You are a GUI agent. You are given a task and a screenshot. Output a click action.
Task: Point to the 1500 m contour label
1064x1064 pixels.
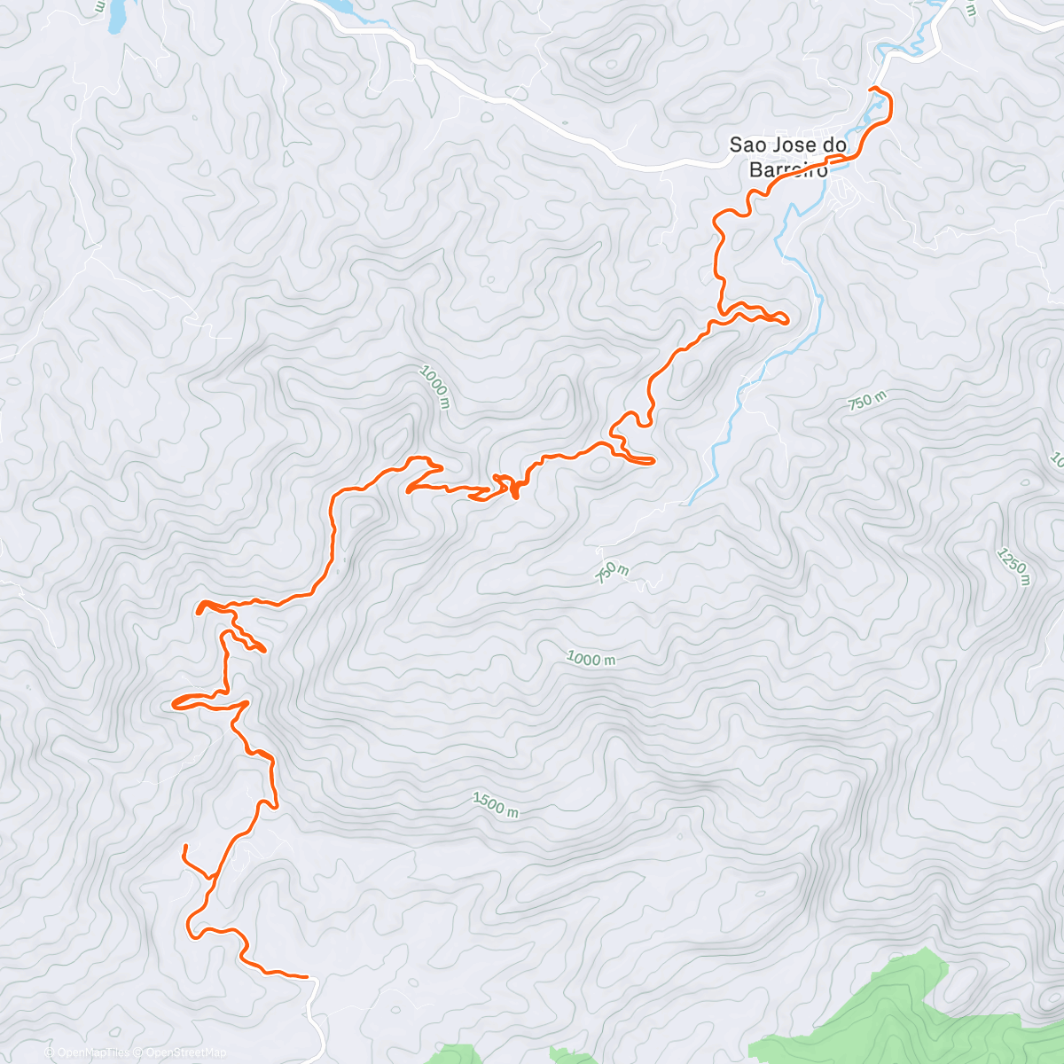(x=496, y=804)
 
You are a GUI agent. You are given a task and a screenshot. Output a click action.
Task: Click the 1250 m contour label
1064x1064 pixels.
(x=1013, y=567)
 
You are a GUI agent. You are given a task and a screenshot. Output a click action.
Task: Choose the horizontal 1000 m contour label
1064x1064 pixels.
(x=591, y=659)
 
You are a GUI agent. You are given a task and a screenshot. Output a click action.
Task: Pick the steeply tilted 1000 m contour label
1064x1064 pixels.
(x=436, y=389)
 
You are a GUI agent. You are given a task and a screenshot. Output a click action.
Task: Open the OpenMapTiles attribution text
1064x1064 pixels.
(x=88, y=1052)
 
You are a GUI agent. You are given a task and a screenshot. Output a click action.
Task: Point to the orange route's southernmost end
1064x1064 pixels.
(x=307, y=976)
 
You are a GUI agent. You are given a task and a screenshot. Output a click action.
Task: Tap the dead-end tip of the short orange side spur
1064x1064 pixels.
(x=184, y=848)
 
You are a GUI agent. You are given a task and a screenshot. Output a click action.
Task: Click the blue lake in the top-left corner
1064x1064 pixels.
(x=115, y=18)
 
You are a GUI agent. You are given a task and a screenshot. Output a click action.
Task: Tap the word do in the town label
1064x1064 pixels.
(x=834, y=145)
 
